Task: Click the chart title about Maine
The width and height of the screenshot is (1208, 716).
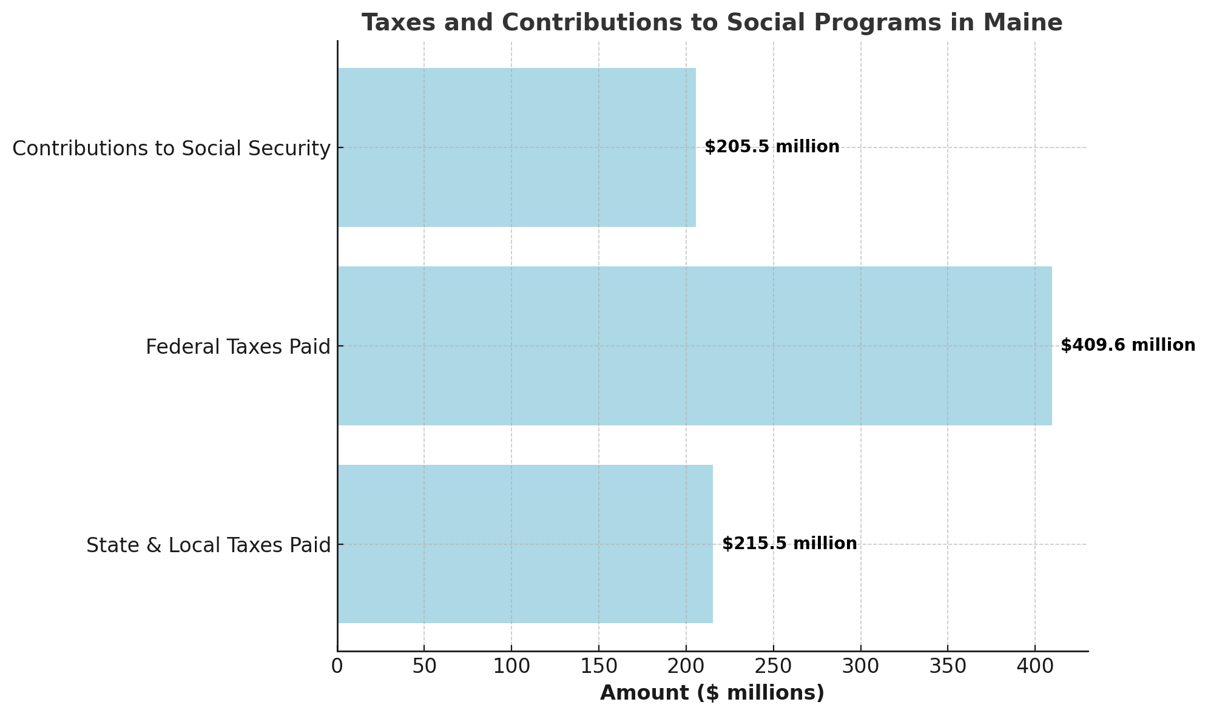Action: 712,23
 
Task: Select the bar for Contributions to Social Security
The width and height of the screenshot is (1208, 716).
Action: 516,147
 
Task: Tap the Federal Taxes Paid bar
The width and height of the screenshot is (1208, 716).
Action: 694,346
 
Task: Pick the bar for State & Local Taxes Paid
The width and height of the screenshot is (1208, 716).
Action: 525,544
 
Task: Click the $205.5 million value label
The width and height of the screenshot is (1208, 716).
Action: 772,147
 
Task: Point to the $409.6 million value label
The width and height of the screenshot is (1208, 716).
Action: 1127,345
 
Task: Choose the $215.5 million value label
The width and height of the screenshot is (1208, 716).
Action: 789,544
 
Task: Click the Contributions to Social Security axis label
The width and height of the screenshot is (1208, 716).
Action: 171,149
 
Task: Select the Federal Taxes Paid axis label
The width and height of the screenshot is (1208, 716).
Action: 238,347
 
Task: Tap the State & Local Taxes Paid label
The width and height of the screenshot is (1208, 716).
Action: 208,545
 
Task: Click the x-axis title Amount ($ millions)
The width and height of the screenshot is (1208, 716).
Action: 712,693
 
